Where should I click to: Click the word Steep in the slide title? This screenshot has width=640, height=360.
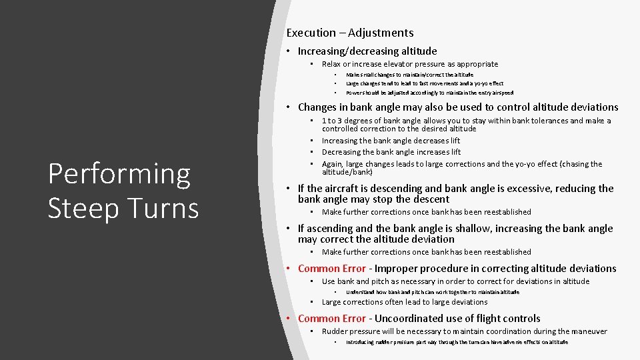point(83,207)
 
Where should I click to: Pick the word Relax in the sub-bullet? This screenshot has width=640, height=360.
point(332,64)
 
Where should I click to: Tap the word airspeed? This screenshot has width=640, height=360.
point(502,93)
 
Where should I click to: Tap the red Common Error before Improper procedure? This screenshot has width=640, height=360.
point(331,269)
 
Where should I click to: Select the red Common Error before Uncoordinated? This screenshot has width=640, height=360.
point(331,319)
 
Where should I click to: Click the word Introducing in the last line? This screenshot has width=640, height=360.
point(360,342)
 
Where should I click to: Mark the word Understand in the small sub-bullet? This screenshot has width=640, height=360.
point(360,292)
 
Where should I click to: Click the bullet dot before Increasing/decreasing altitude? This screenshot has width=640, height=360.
point(289,51)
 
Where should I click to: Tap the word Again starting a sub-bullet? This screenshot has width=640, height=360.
point(333,164)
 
